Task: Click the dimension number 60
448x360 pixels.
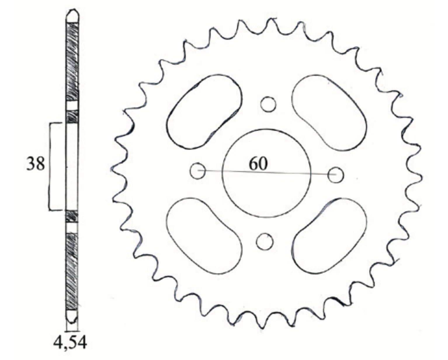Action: coord(258,164)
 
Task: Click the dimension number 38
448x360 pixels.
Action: coord(36,164)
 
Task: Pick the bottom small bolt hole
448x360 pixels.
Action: coord(265,234)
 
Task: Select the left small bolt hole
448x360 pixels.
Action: coord(190,171)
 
